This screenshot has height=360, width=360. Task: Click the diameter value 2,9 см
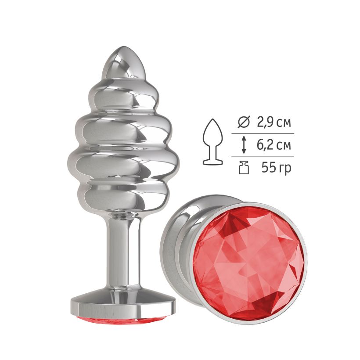pyautogui.click(x=273, y=122)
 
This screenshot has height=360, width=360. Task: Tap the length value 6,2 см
pyautogui.click(x=274, y=145)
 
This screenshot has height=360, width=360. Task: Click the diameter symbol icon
pyautogui.click(x=243, y=122)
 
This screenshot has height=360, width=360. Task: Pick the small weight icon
pyautogui.click(x=244, y=168)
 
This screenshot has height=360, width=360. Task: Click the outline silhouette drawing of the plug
pyautogui.click(x=213, y=142)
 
